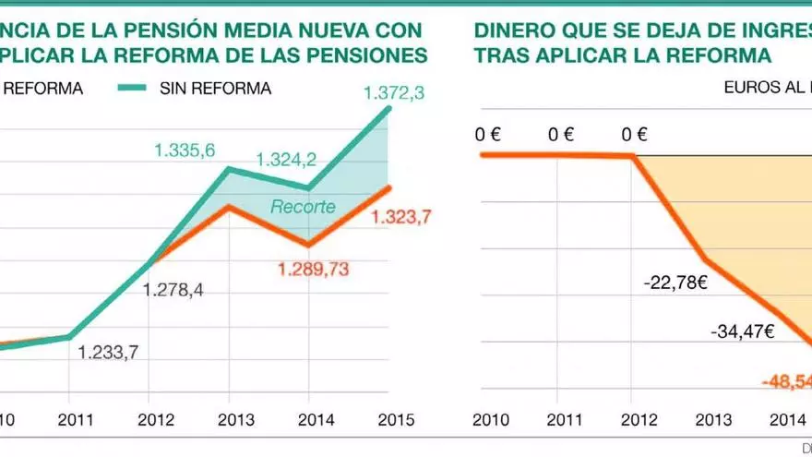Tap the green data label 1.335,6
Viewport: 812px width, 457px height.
point(185,150)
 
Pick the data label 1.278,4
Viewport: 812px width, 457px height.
point(173,290)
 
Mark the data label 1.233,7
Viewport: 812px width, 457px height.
point(108,352)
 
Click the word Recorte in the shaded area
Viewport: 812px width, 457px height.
point(303,207)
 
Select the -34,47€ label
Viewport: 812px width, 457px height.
point(742,330)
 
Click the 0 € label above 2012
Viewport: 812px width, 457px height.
point(634,135)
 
